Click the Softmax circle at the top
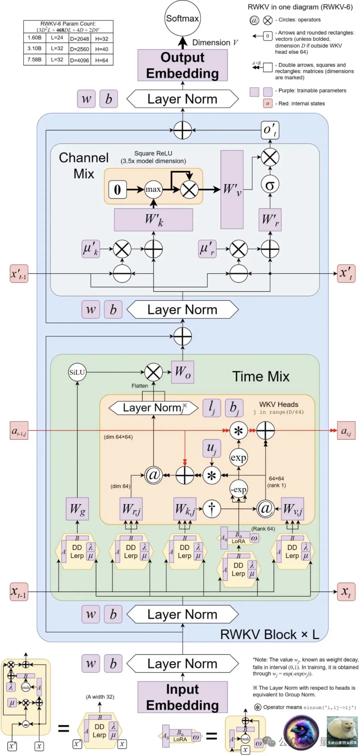coord(182,19)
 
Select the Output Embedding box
coord(182,65)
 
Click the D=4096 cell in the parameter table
coord(80,60)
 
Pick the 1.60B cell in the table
coord(35,38)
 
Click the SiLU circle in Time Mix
coord(77,372)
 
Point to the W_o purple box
coord(183,372)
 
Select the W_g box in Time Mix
coord(77,509)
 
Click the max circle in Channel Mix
coord(153,189)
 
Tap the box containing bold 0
coord(117,189)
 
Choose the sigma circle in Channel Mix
coord(270,185)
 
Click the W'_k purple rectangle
coord(153,220)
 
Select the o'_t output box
coord(270,130)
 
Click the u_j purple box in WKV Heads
coord(212,448)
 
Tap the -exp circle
coord(239,489)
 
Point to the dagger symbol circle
coord(212,509)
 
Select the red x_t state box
coord(346,592)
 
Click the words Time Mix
coord(261,377)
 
